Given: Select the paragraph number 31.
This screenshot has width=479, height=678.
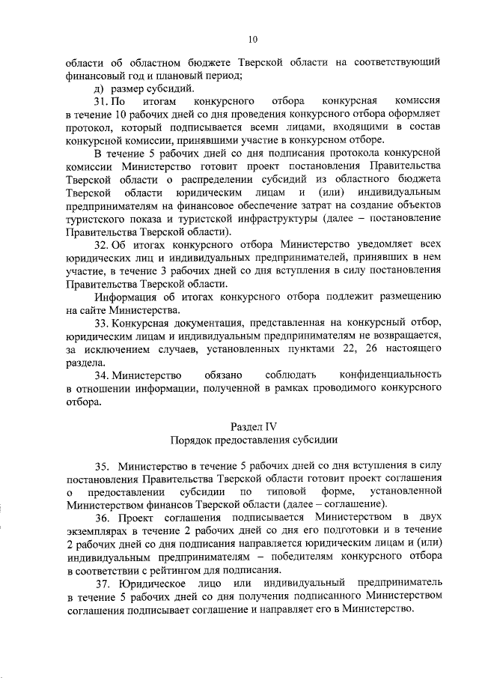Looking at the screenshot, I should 100,100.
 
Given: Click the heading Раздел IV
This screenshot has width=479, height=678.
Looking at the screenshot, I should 252,426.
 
